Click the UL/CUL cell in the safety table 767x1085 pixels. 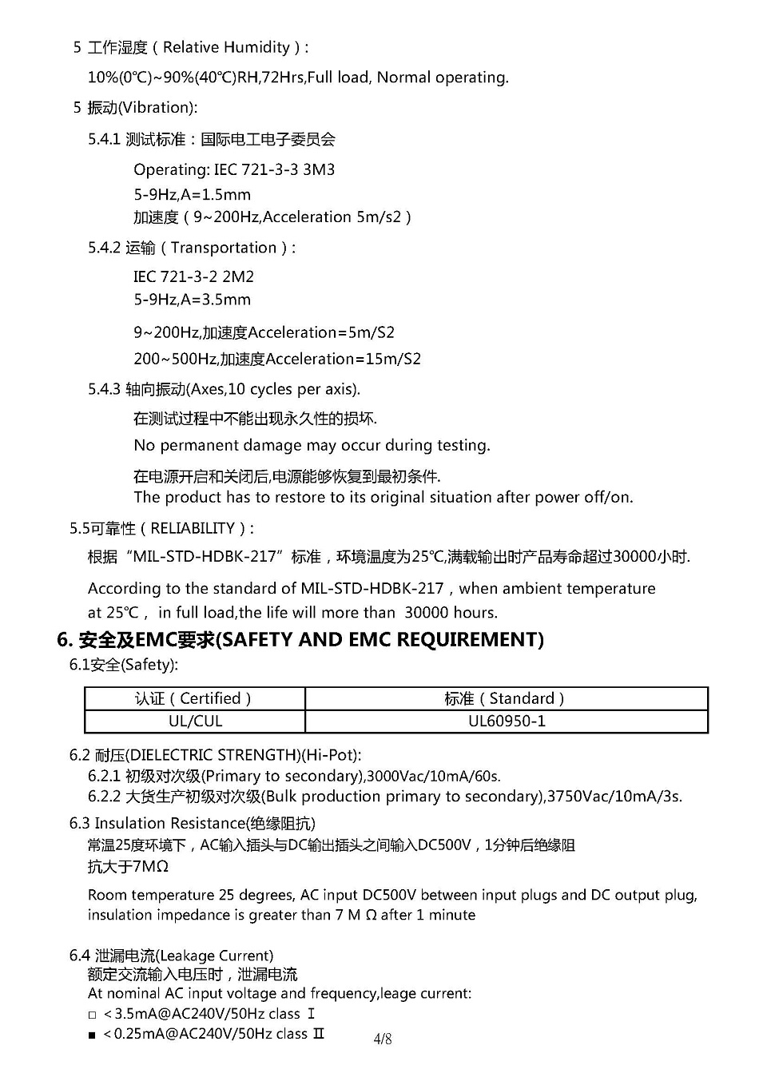(x=195, y=721)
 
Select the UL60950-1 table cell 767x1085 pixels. (x=507, y=721)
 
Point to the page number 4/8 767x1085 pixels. (x=383, y=1039)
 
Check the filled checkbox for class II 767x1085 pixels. (x=93, y=1035)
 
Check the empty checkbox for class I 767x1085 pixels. (x=93, y=1015)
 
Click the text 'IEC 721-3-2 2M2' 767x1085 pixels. (x=193, y=277)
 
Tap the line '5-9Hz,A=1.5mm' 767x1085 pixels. (x=192, y=195)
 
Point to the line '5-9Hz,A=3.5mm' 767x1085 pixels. (x=192, y=300)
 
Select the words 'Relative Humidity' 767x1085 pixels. (x=226, y=48)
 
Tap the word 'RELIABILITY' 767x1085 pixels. (x=193, y=529)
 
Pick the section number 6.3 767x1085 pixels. (x=79, y=824)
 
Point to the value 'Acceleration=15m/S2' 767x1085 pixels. (x=343, y=360)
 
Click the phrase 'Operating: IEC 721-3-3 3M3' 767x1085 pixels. (x=234, y=170)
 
